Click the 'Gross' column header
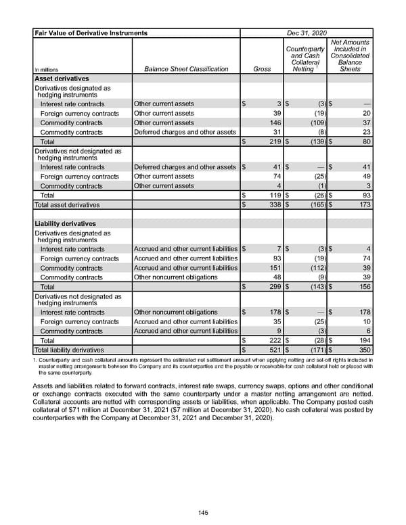tap(261, 69)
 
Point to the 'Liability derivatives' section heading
tap(65, 223)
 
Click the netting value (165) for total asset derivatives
tap(315, 204)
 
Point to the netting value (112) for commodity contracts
tap(315, 268)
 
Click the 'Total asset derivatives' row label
tap(67, 204)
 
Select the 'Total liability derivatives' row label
tap(69, 350)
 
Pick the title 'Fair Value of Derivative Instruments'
tap(91, 32)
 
